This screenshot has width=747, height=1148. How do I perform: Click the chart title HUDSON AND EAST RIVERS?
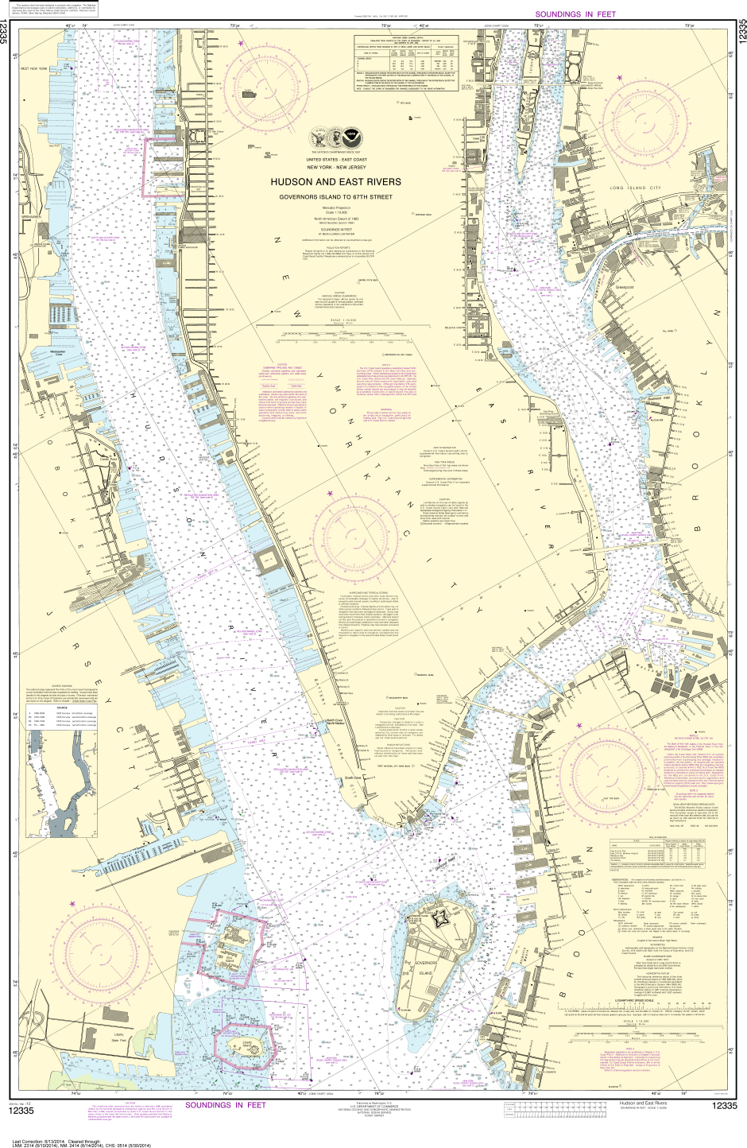tap(335, 182)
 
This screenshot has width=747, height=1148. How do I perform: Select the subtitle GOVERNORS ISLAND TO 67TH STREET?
tap(335, 196)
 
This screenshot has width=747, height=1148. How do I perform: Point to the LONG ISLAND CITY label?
tap(635, 188)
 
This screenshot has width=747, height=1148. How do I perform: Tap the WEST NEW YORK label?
tap(35, 69)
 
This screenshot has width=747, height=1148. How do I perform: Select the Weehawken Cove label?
tap(57, 352)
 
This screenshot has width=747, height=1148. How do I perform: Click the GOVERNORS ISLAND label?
tap(426, 968)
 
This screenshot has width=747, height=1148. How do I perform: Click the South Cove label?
tap(353, 778)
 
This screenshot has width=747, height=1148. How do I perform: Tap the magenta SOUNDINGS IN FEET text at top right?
tap(575, 14)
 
